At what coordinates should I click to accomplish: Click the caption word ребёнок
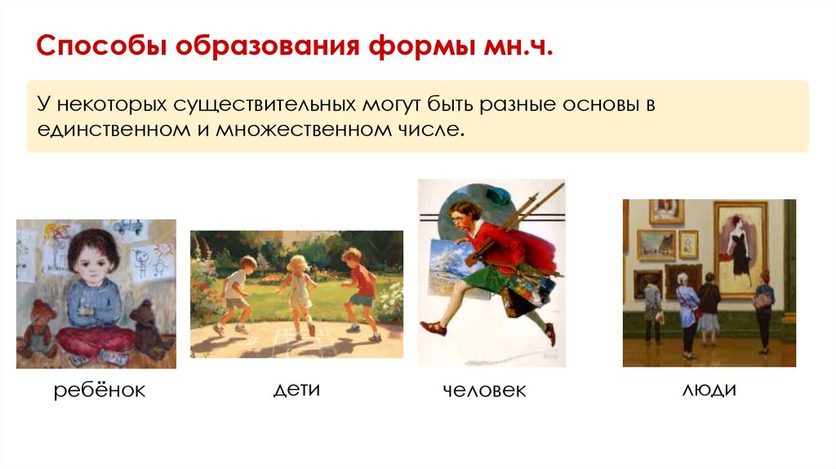pos(100,391)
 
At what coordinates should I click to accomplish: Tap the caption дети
pos(296,390)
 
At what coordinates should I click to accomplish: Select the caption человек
pos(484,391)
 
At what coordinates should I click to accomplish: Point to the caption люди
pos(709,390)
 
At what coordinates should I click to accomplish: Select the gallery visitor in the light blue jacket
pos(687,315)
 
